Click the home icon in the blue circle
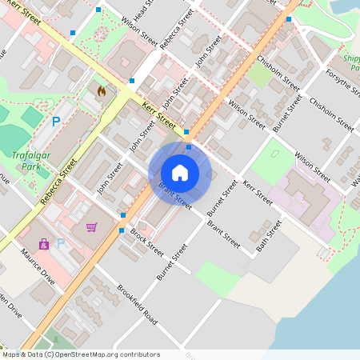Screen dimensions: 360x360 click(x=180, y=172)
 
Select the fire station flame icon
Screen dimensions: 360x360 click(x=101, y=91)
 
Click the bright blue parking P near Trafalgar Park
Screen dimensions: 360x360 click(x=55, y=122)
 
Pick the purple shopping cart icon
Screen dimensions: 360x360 click(x=92, y=228)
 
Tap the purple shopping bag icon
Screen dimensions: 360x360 click(x=44, y=244)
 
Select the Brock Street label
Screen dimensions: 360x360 click(x=147, y=243)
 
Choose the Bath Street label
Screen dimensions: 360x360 click(x=269, y=237)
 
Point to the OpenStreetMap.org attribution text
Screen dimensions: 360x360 click(x=80, y=354)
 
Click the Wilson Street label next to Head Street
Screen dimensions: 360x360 click(x=139, y=30)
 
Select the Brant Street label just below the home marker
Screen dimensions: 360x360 click(x=175, y=196)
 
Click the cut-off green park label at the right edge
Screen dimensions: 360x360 click(x=351, y=63)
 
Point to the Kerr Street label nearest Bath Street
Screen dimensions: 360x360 click(x=258, y=195)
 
